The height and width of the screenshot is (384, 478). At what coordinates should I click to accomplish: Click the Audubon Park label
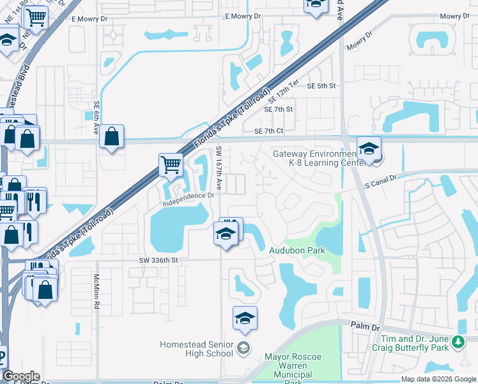[297, 250]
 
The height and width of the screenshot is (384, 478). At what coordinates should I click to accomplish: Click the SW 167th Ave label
[219, 168]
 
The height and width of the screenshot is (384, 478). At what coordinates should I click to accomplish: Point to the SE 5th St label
[321, 86]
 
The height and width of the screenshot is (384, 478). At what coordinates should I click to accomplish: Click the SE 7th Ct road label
[268, 131]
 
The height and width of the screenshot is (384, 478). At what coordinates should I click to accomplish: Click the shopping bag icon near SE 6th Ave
[111, 136]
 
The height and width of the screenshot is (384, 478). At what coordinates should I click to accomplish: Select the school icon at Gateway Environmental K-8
[369, 149]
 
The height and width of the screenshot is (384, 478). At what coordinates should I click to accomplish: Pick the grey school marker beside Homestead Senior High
[243, 349]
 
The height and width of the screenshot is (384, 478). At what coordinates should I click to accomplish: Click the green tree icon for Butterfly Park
[458, 342]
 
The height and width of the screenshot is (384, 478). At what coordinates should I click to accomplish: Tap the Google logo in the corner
[21, 376]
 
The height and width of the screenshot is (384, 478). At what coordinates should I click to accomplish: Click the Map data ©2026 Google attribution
[438, 379]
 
